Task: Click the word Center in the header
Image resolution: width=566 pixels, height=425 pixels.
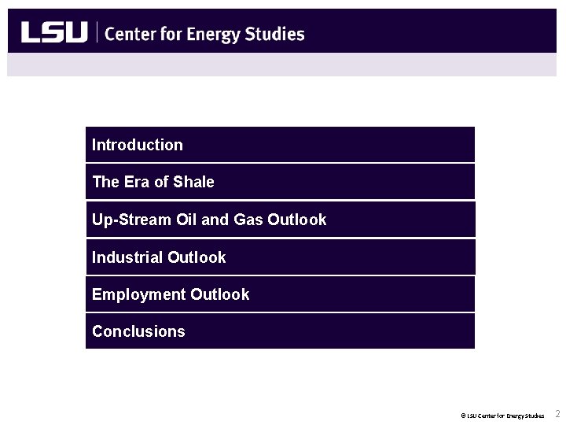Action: pos(130,33)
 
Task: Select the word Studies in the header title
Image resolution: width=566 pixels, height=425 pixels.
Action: pos(274,33)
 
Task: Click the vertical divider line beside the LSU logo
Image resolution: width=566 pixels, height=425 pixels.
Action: pos(97,32)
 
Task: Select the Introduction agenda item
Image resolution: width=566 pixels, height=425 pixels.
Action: pos(138,145)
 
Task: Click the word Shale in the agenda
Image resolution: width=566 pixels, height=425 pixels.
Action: pos(193,182)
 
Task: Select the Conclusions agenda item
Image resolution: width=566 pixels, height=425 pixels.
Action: pos(138,331)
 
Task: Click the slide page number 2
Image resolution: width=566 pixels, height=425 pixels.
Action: pos(557,414)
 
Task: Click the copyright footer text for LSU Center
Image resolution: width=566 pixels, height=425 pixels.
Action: pos(503,415)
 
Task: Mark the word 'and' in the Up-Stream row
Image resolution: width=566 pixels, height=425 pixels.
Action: pos(215,220)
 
